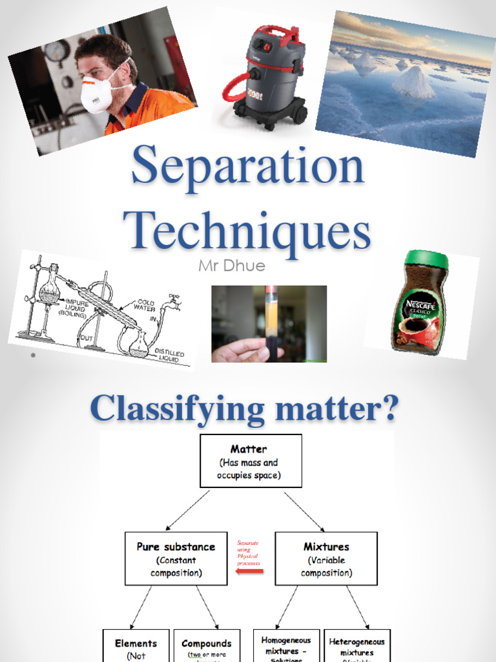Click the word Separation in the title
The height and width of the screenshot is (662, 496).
(247, 167)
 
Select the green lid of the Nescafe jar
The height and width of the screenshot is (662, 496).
(426, 260)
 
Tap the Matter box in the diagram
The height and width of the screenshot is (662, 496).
(251, 460)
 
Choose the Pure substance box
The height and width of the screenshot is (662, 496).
(176, 559)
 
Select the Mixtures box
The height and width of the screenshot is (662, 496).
(326, 559)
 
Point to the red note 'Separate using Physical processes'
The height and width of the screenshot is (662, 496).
(248, 553)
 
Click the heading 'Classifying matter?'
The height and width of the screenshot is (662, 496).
(244, 409)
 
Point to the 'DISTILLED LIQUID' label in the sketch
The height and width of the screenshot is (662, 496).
(169, 356)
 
